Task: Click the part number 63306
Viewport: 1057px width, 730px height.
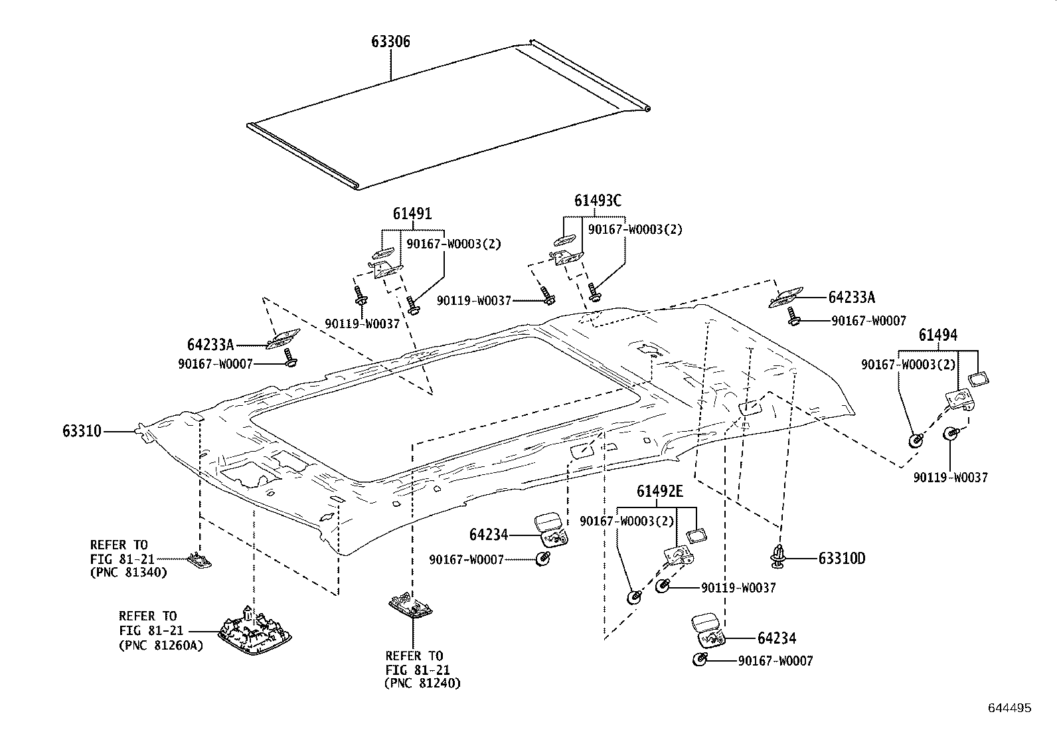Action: (x=390, y=42)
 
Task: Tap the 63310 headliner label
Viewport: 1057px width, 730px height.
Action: (x=82, y=432)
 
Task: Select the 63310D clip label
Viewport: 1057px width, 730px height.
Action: (x=841, y=559)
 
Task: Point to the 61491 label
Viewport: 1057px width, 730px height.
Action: (x=412, y=214)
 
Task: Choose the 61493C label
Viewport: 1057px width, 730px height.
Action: (x=598, y=200)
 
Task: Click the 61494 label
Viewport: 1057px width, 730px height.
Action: (x=938, y=335)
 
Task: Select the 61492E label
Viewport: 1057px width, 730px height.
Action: (x=660, y=492)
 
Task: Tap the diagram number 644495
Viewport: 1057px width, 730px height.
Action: (x=1010, y=708)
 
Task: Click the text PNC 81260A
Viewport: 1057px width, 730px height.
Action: (x=161, y=644)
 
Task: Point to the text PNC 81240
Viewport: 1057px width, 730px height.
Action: (x=423, y=683)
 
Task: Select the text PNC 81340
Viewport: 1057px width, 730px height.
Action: (x=129, y=572)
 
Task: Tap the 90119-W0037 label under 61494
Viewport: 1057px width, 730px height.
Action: (x=950, y=478)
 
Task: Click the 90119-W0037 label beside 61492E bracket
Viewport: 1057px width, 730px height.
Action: (x=738, y=588)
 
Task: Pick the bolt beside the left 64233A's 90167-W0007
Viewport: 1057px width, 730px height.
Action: (x=289, y=359)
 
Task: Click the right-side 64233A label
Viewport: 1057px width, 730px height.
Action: (x=852, y=298)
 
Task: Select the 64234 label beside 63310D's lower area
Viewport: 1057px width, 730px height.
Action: (x=777, y=638)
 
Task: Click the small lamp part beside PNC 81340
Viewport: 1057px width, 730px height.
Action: (x=199, y=561)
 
